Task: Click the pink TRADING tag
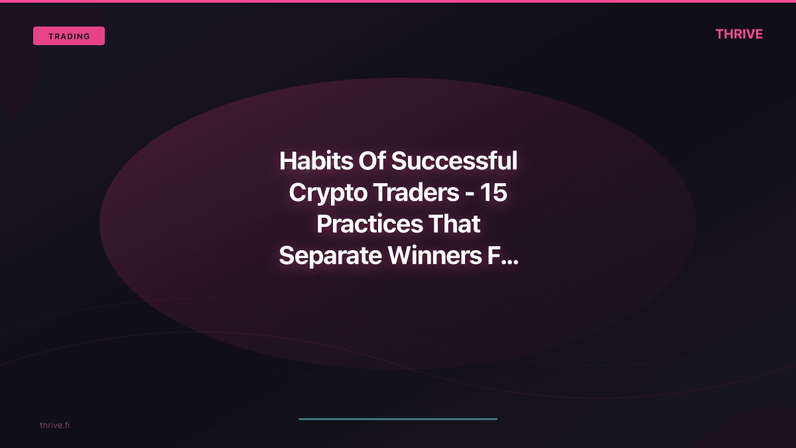coord(69,36)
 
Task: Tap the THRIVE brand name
coord(739,35)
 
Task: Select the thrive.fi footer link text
coord(54,425)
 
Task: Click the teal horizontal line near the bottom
coord(398,419)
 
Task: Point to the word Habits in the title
coord(315,161)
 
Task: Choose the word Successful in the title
coord(454,161)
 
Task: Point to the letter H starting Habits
coord(287,161)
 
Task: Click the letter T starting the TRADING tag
coord(51,37)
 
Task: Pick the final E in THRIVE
coord(758,35)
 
